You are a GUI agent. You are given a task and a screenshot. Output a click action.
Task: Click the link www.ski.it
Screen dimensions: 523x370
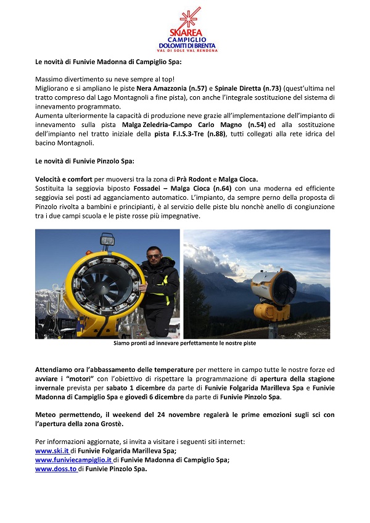click(52, 451)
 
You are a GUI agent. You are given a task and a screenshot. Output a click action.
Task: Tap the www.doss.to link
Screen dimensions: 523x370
click(55, 469)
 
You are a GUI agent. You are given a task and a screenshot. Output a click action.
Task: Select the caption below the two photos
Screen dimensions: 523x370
click(185, 343)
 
